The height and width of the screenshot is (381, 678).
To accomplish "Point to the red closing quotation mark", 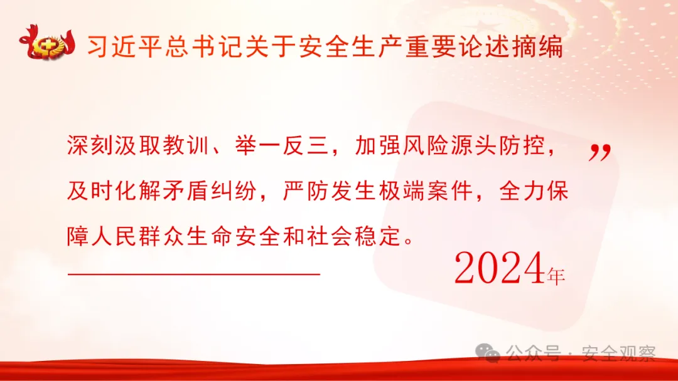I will click(600, 152).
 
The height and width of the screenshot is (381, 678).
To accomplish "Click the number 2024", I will click(498, 269).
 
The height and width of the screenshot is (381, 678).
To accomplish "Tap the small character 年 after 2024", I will click(556, 276).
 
